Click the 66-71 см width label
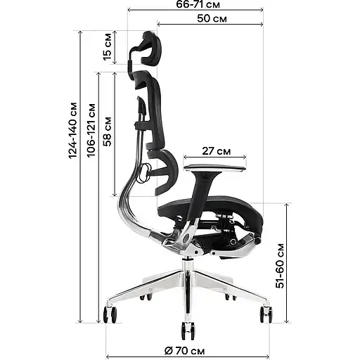tap(195, 5)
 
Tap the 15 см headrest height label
tap(108, 48)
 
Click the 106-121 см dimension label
tap(91, 141)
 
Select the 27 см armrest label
tap(215, 151)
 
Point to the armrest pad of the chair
tap(214, 165)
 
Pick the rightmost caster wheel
tap(266, 314)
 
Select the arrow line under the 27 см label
tap(215, 158)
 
